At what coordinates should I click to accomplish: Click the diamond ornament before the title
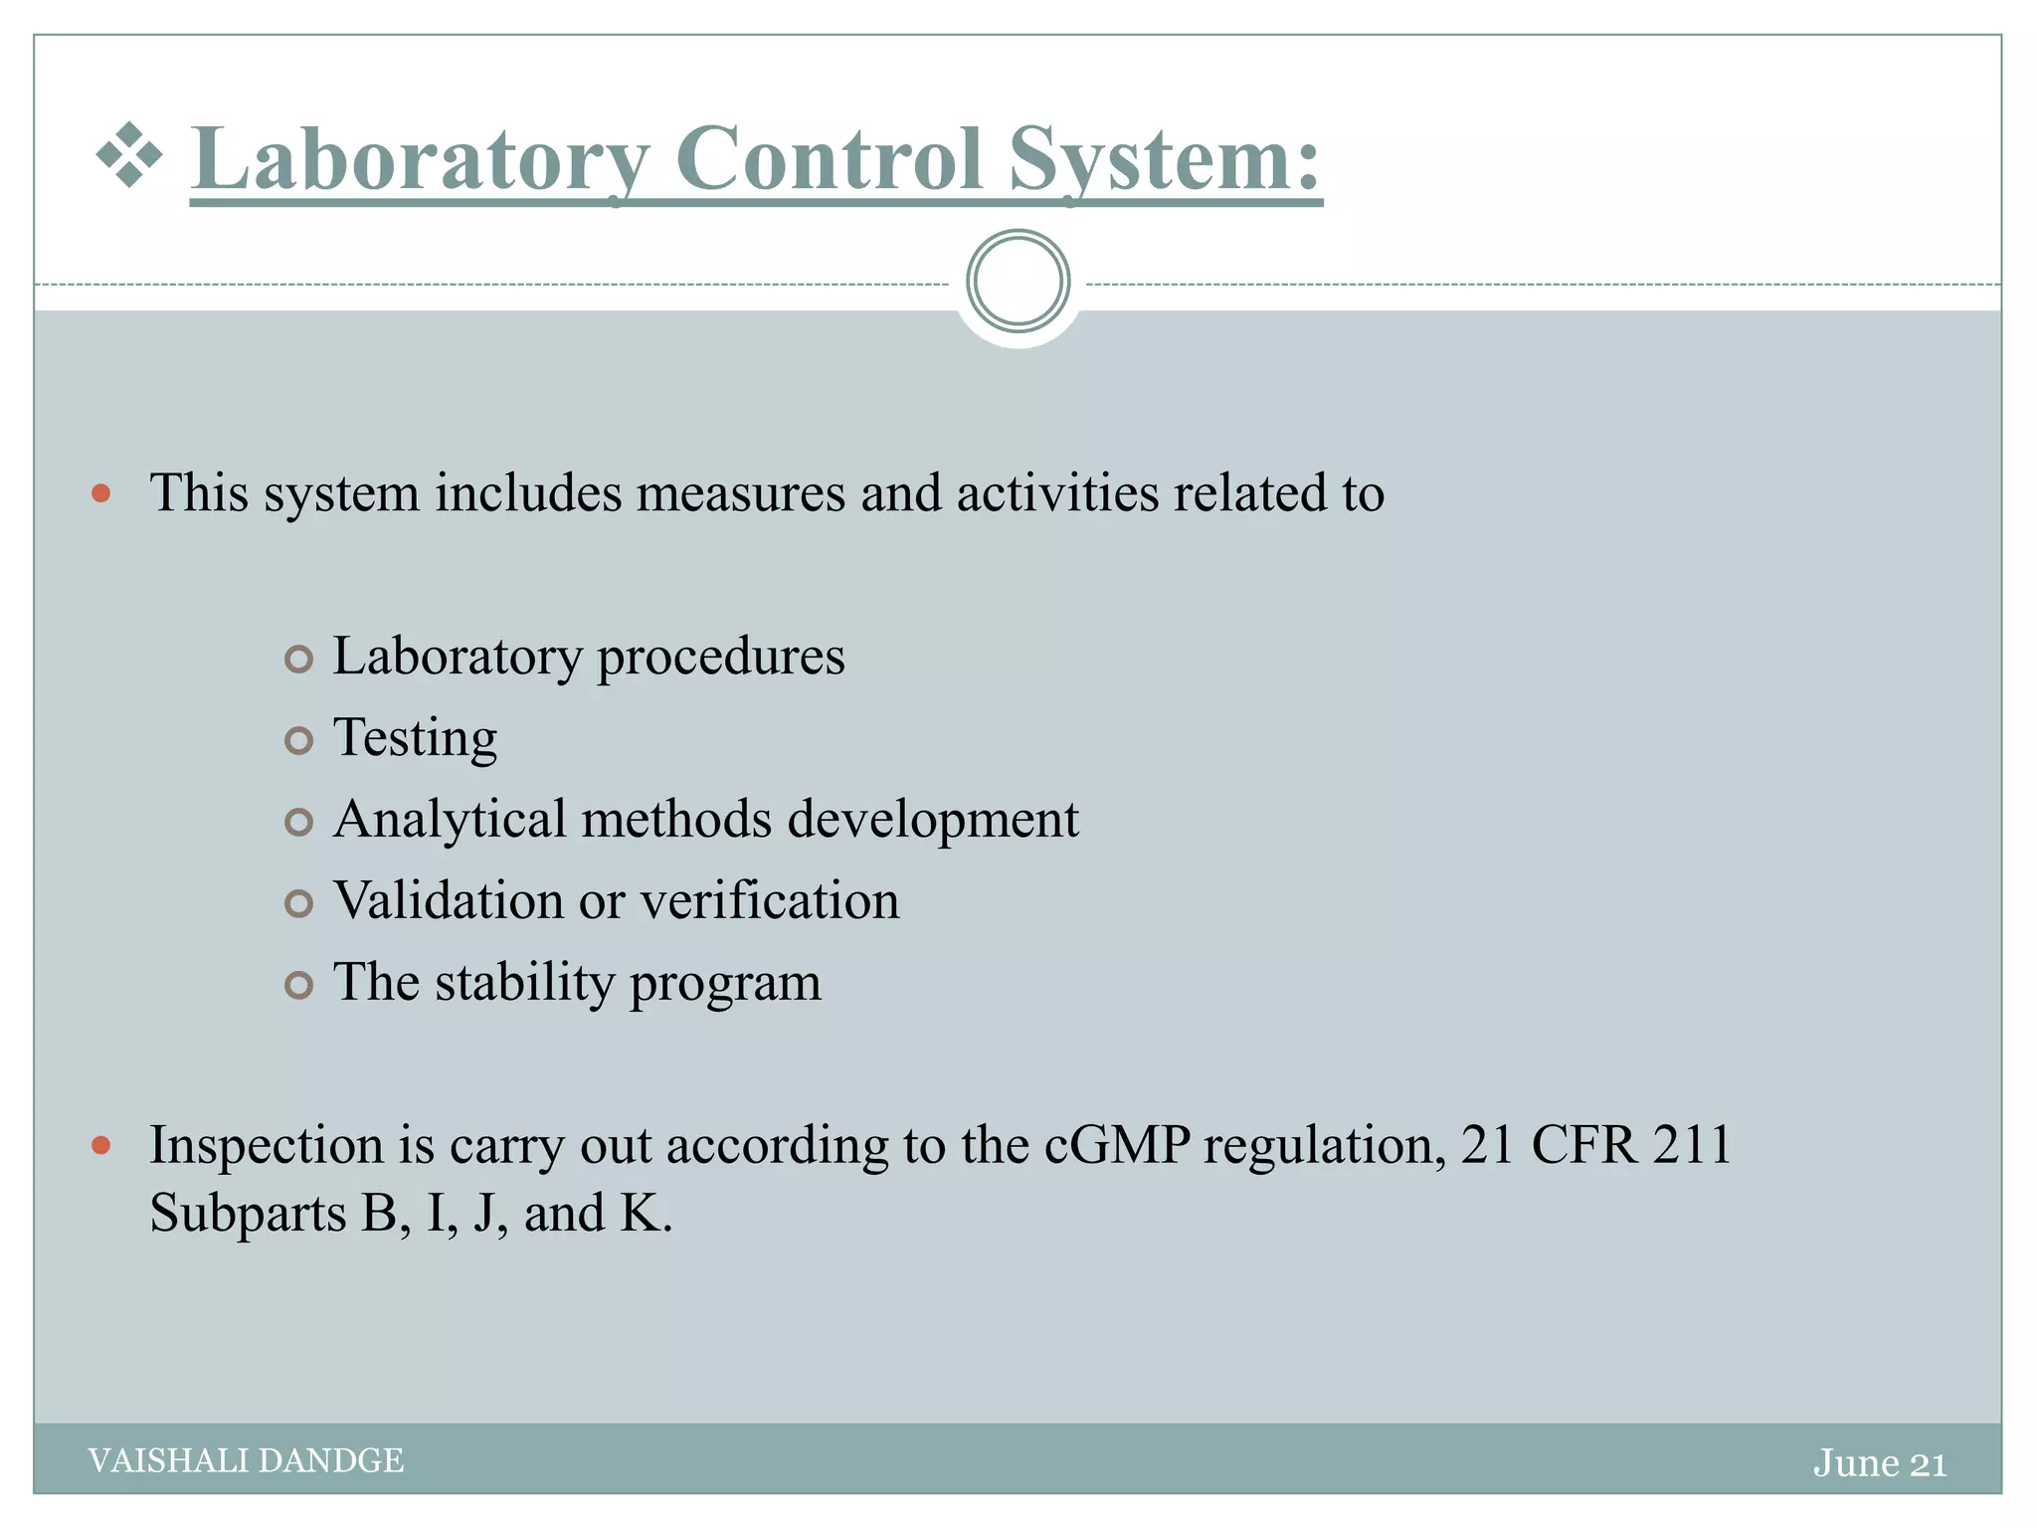click(x=129, y=155)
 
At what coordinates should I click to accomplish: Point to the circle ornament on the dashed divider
click(x=1018, y=282)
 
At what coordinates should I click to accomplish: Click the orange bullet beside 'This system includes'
click(x=100, y=493)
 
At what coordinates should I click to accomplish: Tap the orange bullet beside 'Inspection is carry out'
click(x=100, y=1146)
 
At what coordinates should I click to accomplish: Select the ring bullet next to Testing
click(x=298, y=740)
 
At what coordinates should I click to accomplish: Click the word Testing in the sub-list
click(x=415, y=738)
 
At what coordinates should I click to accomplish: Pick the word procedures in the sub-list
click(x=720, y=658)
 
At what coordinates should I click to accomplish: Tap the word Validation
click(x=449, y=901)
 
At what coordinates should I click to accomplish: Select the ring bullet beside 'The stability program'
click(x=298, y=985)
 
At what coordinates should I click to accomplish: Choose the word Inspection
click(x=266, y=1145)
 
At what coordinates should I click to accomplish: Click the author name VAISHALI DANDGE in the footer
click(x=246, y=1460)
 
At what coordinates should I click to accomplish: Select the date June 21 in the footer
click(x=1879, y=1462)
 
